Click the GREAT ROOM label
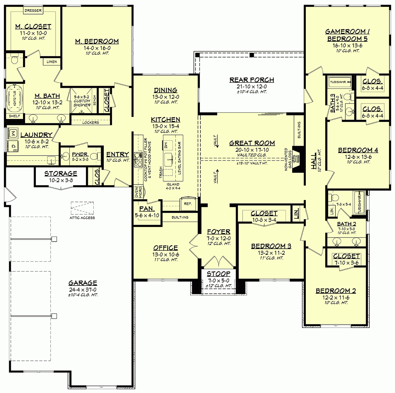(x=252, y=143)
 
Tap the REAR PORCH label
(x=252, y=80)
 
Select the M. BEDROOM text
(x=97, y=41)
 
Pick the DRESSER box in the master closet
(x=33, y=11)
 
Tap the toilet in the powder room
(x=94, y=156)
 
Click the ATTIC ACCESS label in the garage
(x=82, y=218)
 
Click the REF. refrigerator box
(x=188, y=204)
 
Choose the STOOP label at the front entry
(x=219, y=274)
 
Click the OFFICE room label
(x=166, y=248)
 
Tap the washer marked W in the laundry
(x=13, y=133)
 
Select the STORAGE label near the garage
(x=61, y=173)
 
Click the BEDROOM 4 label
(x=358, y=150)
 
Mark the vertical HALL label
(x=314, y=161)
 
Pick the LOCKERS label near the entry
(x=91, y=123)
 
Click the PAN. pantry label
(x=145, y=209)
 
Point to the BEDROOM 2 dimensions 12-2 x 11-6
(x=336, y=297)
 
